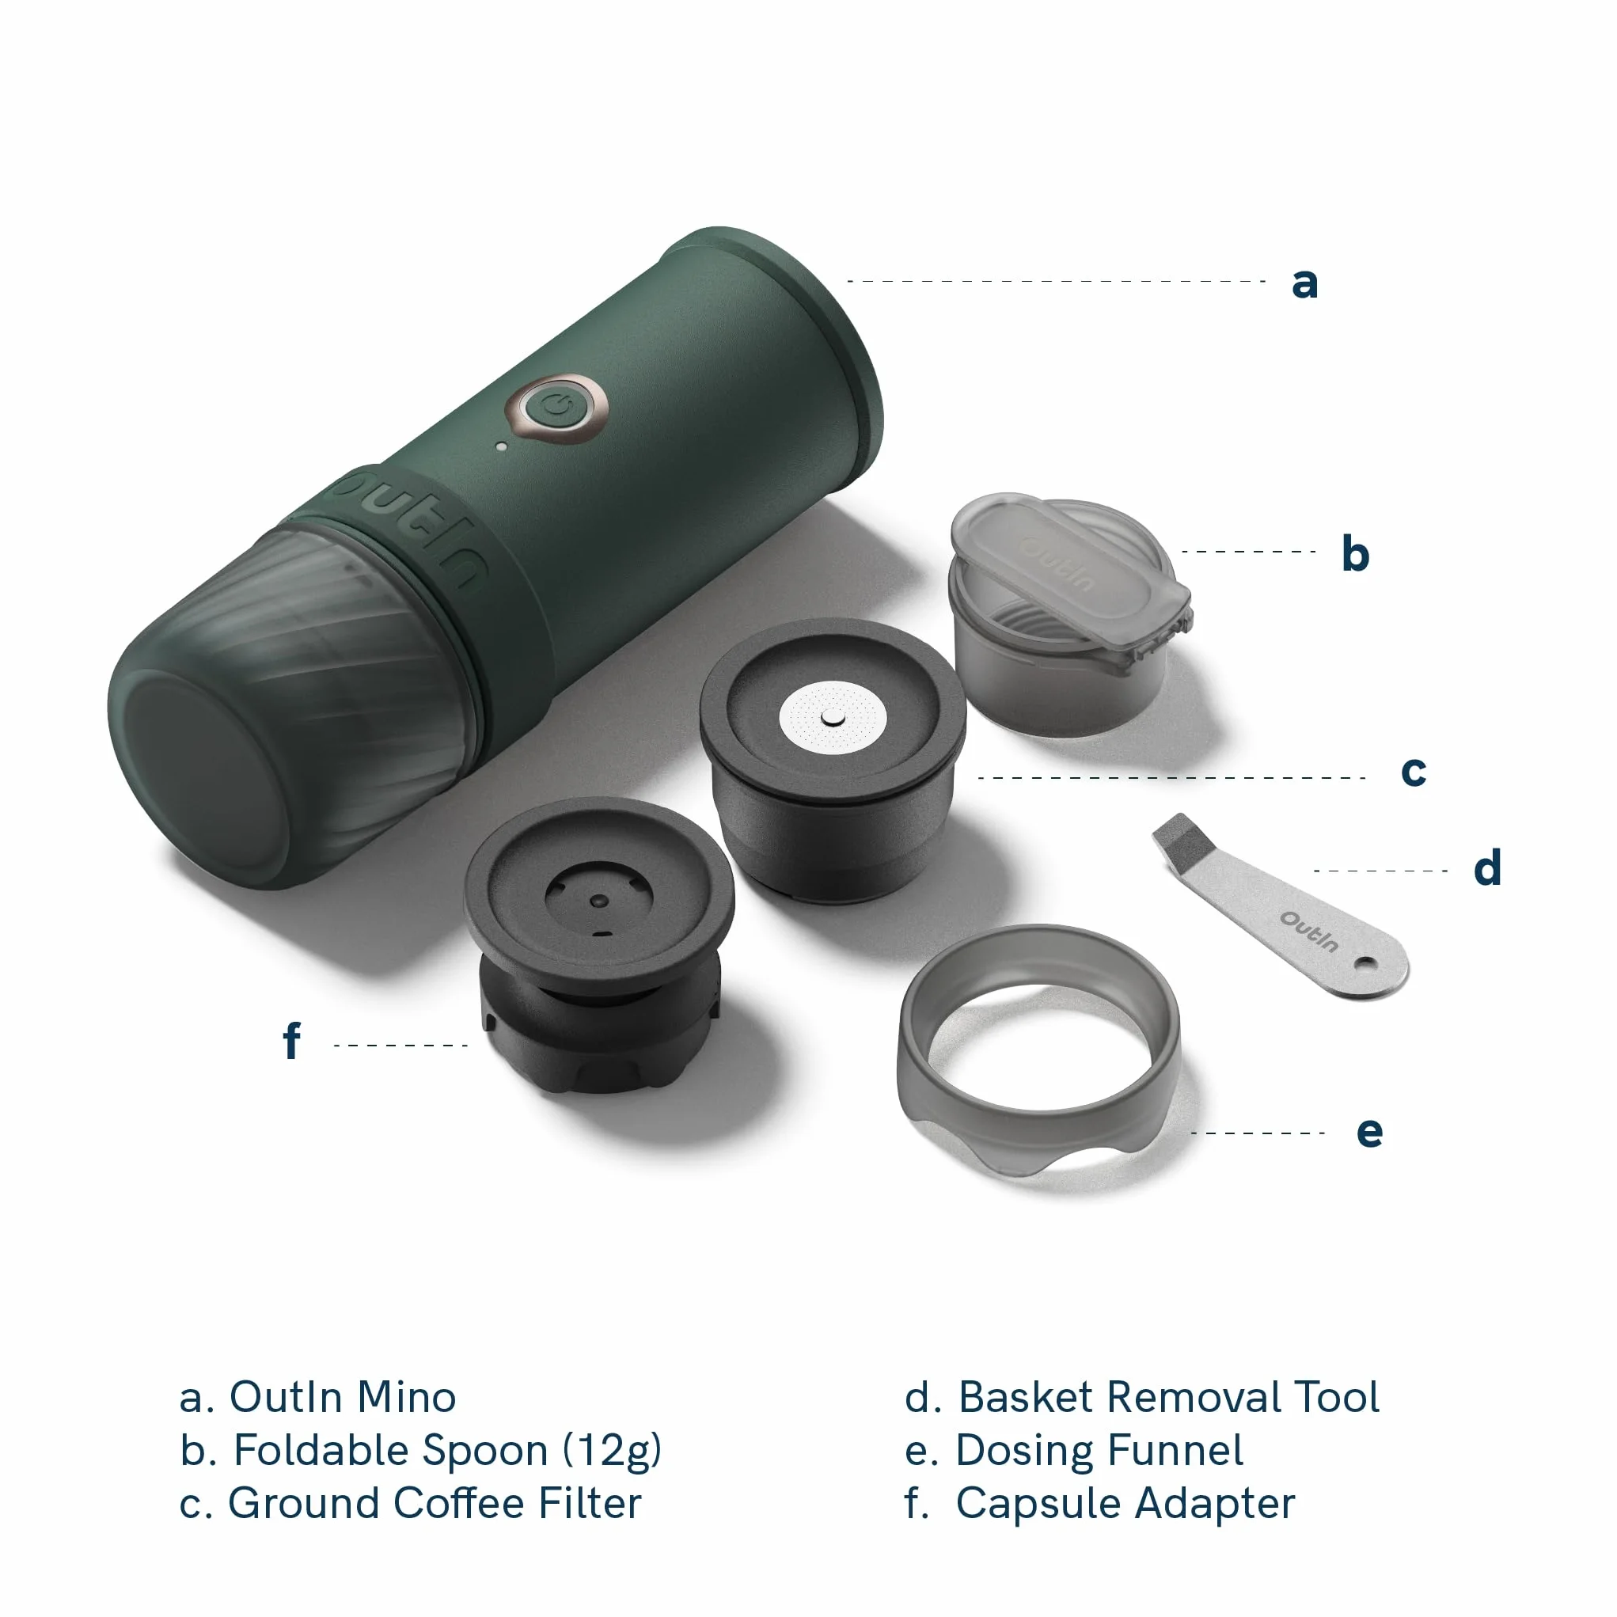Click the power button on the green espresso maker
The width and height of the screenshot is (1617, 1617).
(556, 409)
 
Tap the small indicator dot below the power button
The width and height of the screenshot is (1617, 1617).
(501, 447)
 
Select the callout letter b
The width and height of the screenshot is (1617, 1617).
(1355, 553)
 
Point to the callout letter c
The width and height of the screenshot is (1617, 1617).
(1414, 772)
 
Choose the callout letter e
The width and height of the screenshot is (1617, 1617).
(1369, 1132)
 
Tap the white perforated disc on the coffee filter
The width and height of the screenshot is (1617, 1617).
(832, 718)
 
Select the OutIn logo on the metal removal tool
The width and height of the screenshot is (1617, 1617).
(1309, 932)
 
